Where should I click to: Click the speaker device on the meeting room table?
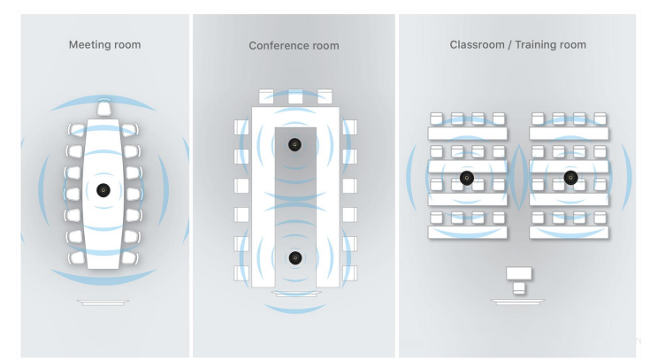(103, 189)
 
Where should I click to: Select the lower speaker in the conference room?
(294, 258)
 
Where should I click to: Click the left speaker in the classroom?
(467, 178)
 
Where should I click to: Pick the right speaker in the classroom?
(570, 178)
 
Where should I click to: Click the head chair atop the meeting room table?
(103, 108)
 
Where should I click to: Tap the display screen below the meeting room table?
(103, 302)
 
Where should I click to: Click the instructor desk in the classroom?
(518, 273)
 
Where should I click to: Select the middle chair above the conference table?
(294, 96)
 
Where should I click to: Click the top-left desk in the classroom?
(467, 134)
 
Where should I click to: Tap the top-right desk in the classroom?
(570, 134)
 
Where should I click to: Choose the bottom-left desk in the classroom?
(467, 232)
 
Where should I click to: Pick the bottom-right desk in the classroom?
(570, 232)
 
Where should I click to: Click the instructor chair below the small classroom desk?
(518, 288)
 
